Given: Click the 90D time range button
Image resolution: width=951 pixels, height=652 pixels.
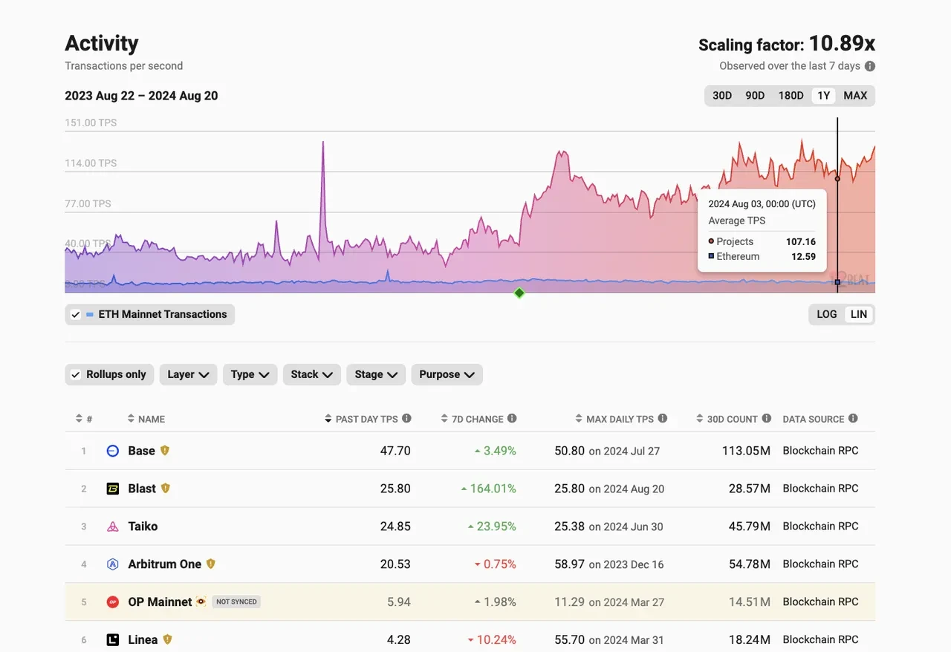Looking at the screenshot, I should click(755, 96).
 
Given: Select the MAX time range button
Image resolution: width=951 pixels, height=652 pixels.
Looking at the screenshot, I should click(855, 96).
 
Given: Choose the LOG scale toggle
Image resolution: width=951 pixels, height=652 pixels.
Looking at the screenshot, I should click(827, 314).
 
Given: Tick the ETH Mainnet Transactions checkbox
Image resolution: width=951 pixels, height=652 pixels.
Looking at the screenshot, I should click(75, 315).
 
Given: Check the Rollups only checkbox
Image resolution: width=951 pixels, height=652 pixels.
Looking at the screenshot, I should click(75, 375).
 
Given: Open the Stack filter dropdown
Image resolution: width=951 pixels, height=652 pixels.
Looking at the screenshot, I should click(311, 375).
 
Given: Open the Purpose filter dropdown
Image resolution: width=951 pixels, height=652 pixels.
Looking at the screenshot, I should click(447, 375).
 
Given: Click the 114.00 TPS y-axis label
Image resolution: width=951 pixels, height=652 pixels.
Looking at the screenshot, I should click(91, 163).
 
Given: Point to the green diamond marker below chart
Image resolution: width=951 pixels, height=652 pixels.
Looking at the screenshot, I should click(519, 293).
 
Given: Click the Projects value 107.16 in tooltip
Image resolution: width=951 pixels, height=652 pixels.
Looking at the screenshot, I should click(800, 242).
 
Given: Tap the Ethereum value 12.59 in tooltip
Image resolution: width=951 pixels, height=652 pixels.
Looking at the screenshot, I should click(802, 257).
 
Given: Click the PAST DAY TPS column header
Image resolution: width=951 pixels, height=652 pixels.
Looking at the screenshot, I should click(366, 420).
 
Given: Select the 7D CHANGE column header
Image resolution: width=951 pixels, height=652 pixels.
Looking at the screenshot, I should click(477, 420).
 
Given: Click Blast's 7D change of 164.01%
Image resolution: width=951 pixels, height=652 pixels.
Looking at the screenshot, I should click(493, 489).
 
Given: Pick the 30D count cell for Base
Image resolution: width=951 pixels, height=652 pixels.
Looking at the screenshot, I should click(746, 451).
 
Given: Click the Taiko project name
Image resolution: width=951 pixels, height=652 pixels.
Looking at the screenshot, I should click(143, 527).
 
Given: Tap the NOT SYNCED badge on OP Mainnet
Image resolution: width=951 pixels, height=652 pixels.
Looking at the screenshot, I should click(236, 602).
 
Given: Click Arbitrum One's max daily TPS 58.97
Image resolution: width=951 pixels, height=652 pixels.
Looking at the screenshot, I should click(569, 564).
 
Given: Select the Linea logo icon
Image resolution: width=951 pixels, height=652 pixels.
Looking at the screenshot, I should click(113, 640).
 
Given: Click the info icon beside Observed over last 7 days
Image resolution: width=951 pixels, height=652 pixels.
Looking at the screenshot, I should click(870, 66).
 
